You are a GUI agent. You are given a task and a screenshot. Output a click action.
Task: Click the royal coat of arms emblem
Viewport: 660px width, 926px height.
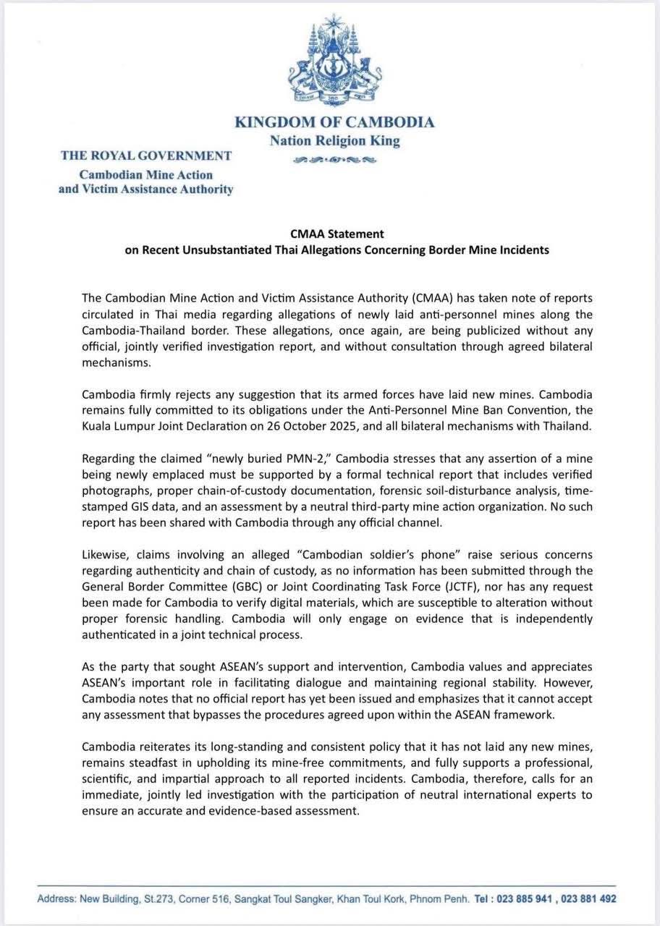(334, 60)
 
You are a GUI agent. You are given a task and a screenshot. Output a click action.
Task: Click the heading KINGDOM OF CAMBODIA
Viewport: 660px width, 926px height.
(334, 122)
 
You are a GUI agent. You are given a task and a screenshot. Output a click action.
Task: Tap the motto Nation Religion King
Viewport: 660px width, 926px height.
(334, 141)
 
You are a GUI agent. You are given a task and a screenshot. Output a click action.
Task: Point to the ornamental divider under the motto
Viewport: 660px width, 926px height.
(334, 160)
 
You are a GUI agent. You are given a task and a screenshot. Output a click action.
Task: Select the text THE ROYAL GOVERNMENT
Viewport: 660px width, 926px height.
(146, 155)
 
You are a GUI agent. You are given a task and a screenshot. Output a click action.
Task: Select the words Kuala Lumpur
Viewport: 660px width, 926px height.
(116, 425)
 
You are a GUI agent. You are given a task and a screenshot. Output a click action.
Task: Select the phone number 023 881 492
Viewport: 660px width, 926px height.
(588, 899)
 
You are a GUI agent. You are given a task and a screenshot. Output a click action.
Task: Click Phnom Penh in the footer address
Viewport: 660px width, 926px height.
(437, 899)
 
